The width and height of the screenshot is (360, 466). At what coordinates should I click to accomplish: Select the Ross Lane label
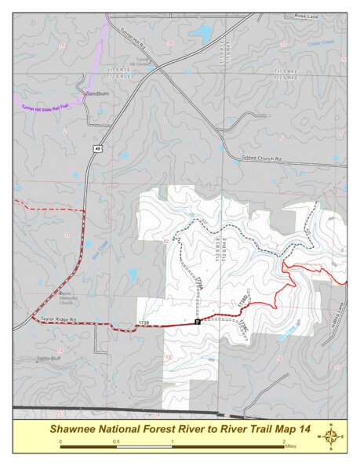tap(307, 15)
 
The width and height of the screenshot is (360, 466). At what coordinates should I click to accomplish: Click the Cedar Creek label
tap(320, 43)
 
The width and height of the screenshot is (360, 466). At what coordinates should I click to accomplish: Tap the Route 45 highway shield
tap(96, 147)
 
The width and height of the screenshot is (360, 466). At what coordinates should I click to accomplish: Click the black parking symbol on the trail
tap(198, 322)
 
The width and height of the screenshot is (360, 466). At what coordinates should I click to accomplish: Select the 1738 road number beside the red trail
tap(143, 322)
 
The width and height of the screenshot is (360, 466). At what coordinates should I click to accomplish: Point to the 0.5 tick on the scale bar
tap(116, 442)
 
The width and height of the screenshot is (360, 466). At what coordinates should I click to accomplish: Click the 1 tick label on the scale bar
tap(172, 442)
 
